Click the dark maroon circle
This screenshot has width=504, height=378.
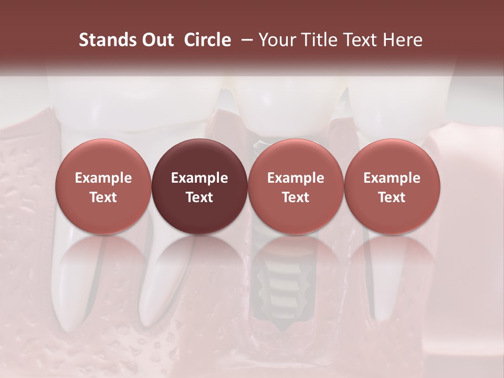pyautogui.click(x=199, y=187)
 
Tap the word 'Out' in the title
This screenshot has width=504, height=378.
pyautogui.click(x=157, y=40)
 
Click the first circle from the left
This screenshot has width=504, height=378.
pyautogui.click(x=103, y=187)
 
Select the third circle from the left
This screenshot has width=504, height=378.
pyautogui.click(x=296, y=187)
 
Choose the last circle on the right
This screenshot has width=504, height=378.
pyautogui.click(x=392, y=187)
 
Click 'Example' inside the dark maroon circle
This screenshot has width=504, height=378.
pyautogui.click(x=199, y=178)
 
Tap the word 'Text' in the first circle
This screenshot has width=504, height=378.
pyautogui.click(x=103, y=197)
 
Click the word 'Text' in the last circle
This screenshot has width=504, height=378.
pyautogui.click(x=392, y=197)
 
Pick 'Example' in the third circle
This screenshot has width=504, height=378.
pyautogui.click(x=296, y=178)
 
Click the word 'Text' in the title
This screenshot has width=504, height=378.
pyautogui.click(x=362, y=40)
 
